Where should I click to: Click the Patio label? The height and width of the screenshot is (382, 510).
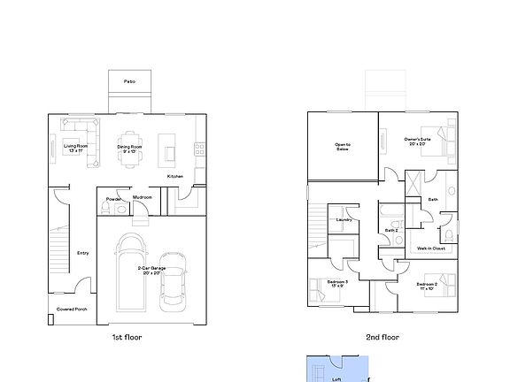click(x=129, y=80)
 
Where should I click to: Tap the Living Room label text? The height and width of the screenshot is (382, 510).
click(x=75, y=148)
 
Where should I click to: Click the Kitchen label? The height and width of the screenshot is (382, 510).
click(x=174, y=176)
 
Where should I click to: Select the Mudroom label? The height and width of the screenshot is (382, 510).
click(x=143, y=198)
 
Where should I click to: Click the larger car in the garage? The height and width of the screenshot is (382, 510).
click(x=130, y=272)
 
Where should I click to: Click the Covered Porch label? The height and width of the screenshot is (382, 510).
click(x=72, y=309)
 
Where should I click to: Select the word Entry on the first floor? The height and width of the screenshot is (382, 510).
click(x=82, y=253)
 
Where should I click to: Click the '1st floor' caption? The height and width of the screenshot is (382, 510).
click(x=126, y=337)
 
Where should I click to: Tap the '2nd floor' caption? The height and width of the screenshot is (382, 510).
click(x=382, y=337)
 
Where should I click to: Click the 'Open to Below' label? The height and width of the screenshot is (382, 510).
click(x=342, y=147)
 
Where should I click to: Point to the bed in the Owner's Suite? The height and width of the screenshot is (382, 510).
click(x=440, y=141)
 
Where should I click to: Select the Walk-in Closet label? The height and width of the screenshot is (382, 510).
click(x=430, y=248)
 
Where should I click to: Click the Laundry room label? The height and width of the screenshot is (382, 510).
click(x=344, y=221)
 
